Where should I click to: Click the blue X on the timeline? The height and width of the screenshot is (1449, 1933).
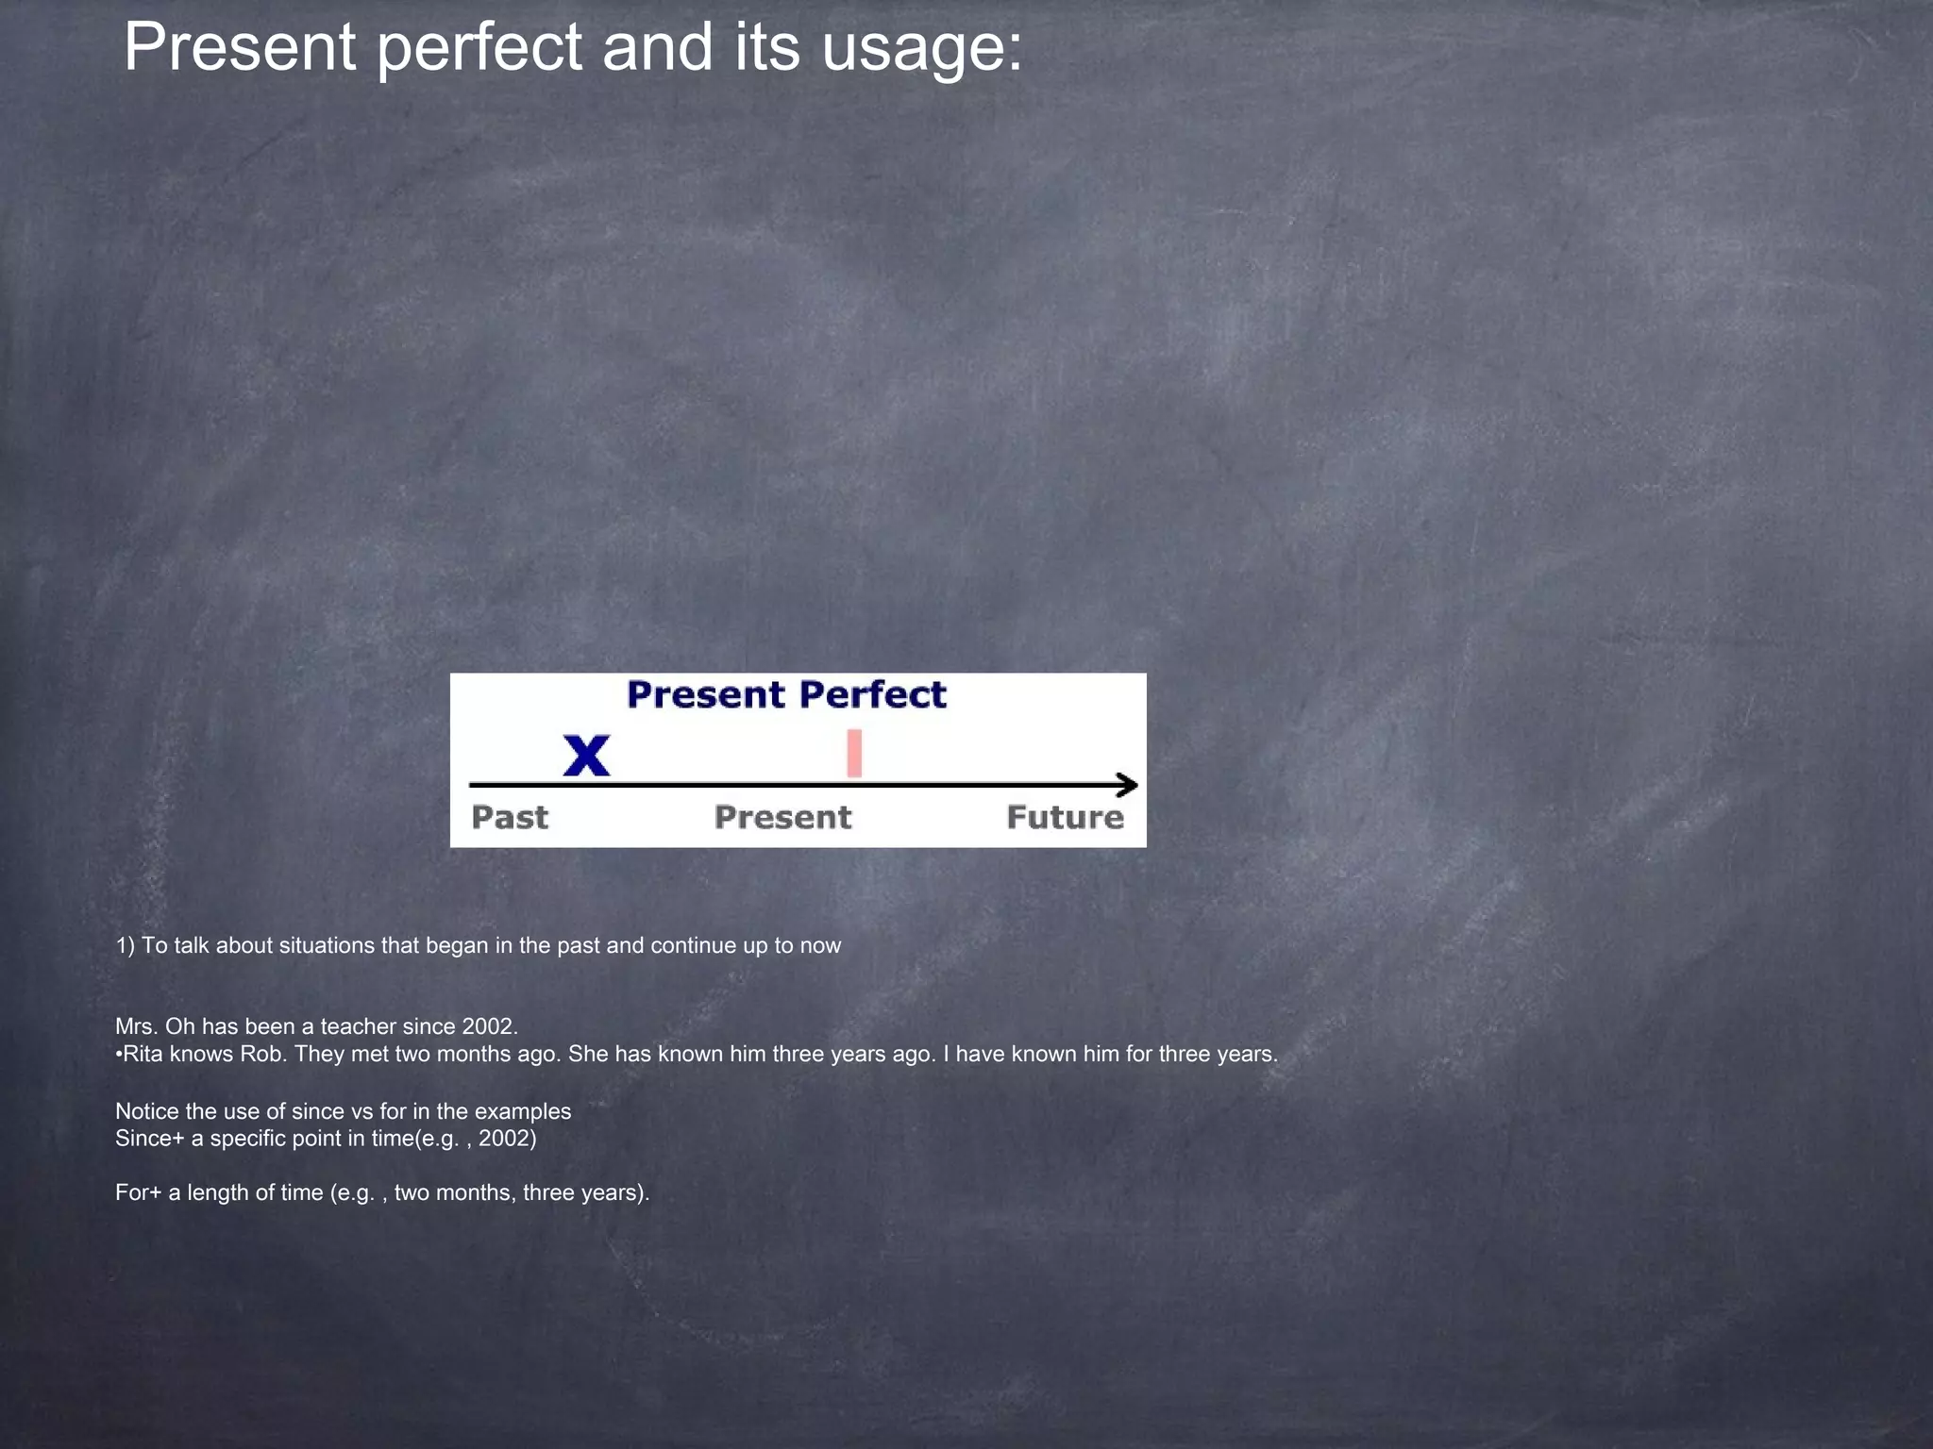[x=586, y=756]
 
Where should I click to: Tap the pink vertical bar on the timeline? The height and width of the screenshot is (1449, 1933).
[x=854, y=753]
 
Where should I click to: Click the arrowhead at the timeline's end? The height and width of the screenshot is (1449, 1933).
[x=1128, y=785]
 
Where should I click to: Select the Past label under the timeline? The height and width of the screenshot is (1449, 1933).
[x=510, y=817]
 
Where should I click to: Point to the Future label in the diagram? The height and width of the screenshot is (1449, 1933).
[x=1065, y=817]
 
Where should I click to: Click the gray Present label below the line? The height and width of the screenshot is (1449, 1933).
[x=782, y=817]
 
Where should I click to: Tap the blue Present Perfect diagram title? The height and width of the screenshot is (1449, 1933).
[x=786, y=695]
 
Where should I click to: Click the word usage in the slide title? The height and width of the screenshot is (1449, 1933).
[x=922, y=47]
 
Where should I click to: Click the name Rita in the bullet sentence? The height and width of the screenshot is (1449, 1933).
[x=143, y=1054]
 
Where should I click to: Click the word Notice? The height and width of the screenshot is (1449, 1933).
[x=147, y=1111]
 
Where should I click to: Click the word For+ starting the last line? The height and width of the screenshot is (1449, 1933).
[x=138, y=1192]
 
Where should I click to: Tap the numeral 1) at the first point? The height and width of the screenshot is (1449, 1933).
[x=126, y=945]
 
